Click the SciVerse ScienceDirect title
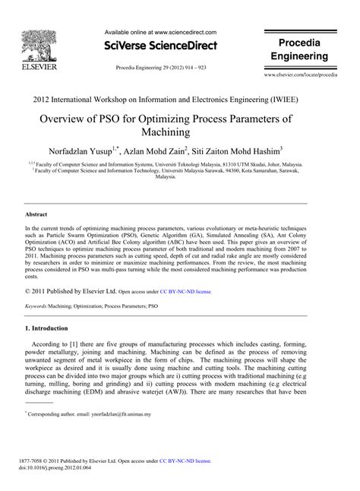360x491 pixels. pyautogui.click(x=159, y=46)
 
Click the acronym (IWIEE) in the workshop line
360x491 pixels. pyautogui.click(x=303, y=99)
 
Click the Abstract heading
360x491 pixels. pyautogui.click(x=37, y=215)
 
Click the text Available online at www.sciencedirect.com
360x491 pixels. pyautogui.click(x=161, y=33)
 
